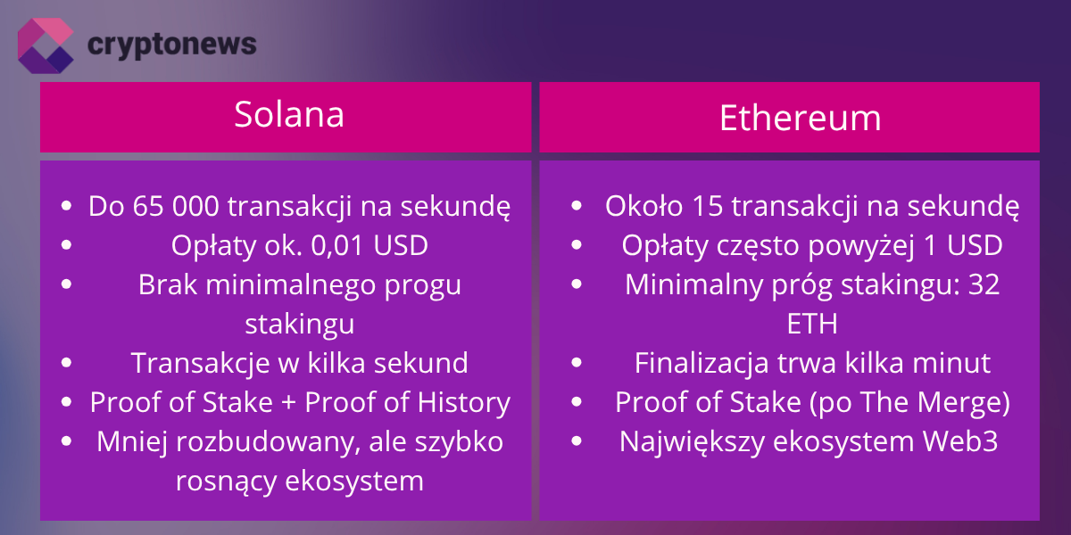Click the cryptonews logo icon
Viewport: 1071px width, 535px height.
[x=45, y=45]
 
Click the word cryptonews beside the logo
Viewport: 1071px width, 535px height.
[x=172, y=44]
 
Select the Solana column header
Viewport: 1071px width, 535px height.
[x=288, y=115]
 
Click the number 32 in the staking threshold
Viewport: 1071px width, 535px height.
[x=983, y=285]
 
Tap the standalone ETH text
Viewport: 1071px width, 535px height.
[x=812, y=324]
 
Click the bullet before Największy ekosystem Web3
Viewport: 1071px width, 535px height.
[x=577, y=441]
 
